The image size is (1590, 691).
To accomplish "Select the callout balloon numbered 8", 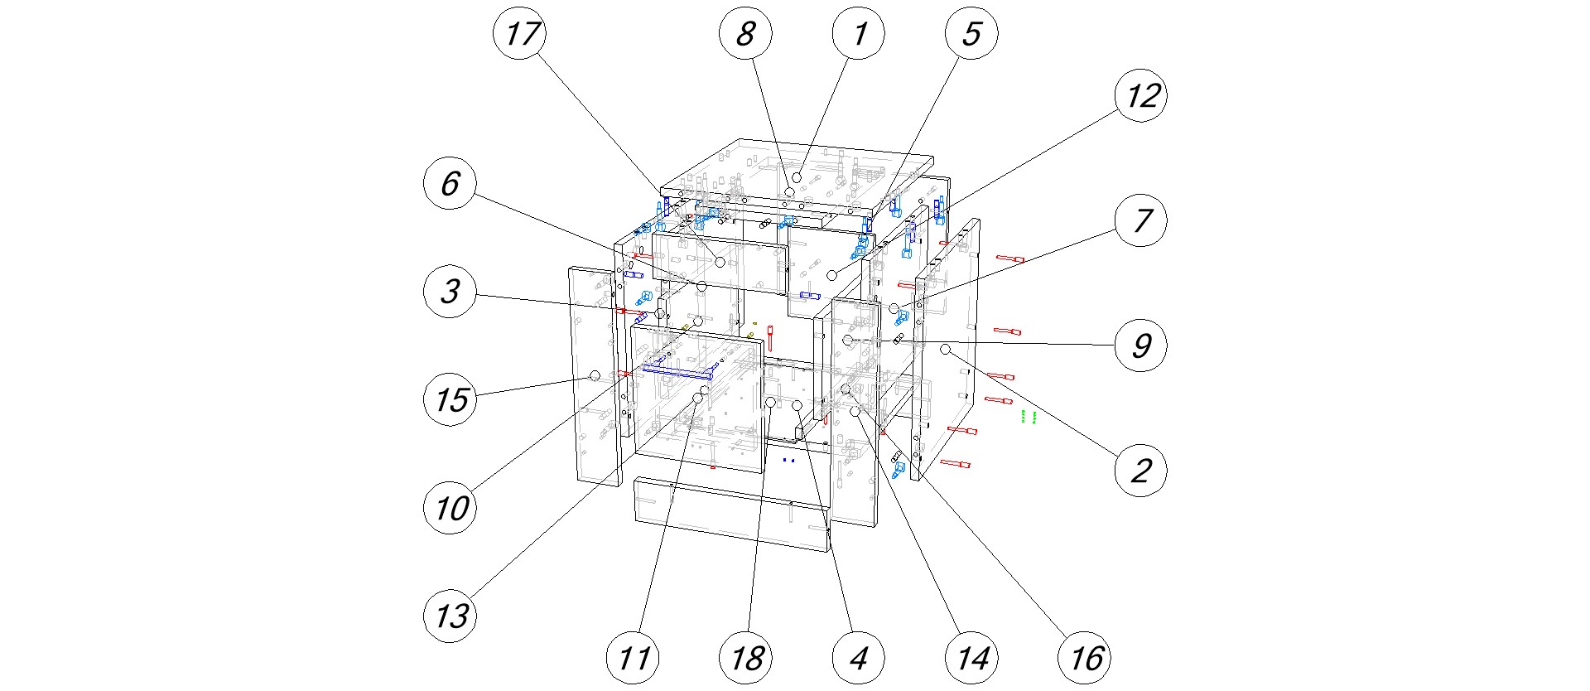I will tap(745, 34).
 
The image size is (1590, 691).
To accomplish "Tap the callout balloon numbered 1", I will tap(859, 34).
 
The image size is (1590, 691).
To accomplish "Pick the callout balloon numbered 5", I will tap(971, 34).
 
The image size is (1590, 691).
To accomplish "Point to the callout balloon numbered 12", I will tap(1141, 96).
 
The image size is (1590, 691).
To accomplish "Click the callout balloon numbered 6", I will tap(450, 183).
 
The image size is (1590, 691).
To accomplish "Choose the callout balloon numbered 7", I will tap(1141, 220).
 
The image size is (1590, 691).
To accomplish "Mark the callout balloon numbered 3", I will tap(450, 291).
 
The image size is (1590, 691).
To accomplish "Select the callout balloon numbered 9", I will tap(1141, 345).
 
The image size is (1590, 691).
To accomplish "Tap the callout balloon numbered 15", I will tap(450, 399).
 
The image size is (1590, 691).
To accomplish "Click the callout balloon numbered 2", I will tap(1141, 471).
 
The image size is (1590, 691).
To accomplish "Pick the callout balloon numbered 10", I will tap(450, 507).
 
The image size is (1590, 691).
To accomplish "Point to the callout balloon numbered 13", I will tap(450, 616).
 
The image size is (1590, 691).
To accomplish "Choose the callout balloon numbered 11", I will tap(634, 659).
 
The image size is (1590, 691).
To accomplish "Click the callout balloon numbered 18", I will tap(746, 659).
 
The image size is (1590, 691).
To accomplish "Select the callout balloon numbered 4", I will tap(859, 659).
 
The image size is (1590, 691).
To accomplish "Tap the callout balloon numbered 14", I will tap(971, 659).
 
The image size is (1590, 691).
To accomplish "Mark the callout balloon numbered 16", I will tap(1085, 659).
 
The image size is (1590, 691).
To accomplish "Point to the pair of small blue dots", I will tap(788, 460).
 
